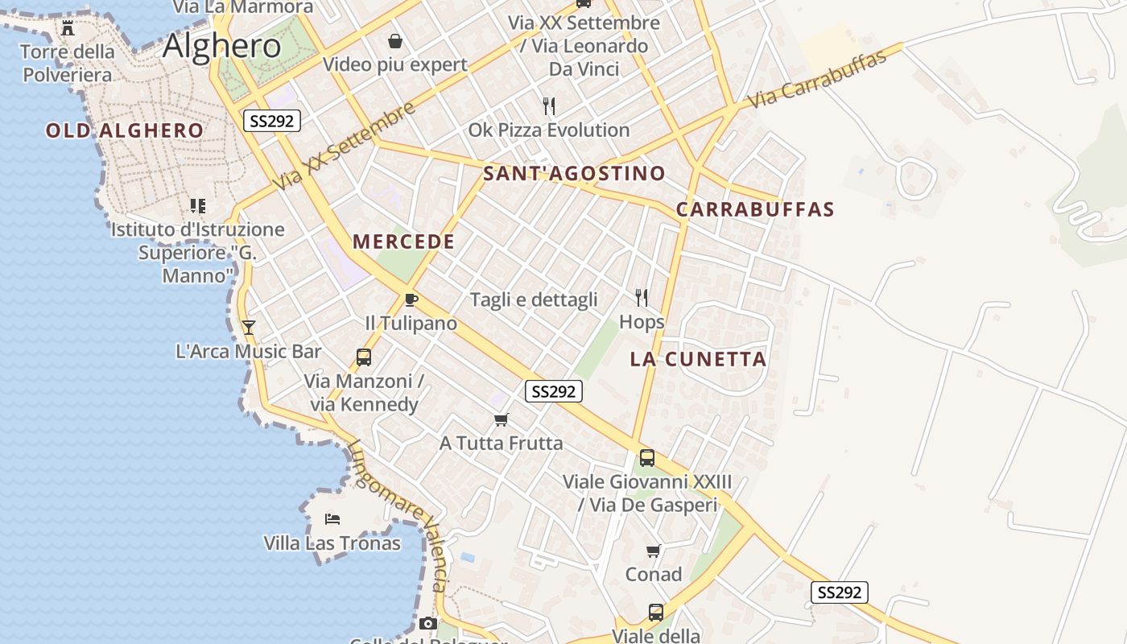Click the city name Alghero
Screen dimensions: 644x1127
[x=221, y=46]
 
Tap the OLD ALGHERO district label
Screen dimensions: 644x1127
[x=125, y=130]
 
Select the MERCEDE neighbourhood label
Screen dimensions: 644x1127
[x=403, y=242]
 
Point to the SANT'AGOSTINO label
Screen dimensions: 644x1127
[x=574, y=173]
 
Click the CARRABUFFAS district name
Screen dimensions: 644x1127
[x=754, y=209]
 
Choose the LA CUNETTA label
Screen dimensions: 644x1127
[x=698, y=359]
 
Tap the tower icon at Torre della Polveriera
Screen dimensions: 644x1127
[x=68, y=28]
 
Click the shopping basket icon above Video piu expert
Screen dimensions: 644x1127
[x=395, y=40]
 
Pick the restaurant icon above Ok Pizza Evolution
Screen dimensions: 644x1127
[x=549, y=105]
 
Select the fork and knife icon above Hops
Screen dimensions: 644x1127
[x=642, y=298]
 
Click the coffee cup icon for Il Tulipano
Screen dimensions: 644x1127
[x=411, y=300]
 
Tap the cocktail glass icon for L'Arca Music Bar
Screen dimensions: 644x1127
[x=249, y=327]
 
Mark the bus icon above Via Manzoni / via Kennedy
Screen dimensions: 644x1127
[x=364, y=357]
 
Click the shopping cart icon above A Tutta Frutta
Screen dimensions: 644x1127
[x=502, y=419]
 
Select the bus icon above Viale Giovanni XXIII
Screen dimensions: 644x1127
[x=647, y=458]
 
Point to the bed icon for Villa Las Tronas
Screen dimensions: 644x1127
[x=332, y=519]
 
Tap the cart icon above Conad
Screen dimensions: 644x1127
[x=654, y=551]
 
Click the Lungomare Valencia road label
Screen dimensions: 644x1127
[x=396, y=515]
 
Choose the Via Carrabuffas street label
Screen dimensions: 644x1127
[x=816, y=79]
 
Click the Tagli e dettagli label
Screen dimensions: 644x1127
[x=534, y=299]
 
